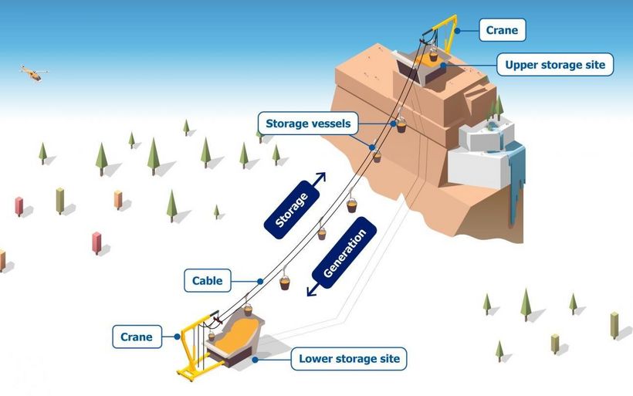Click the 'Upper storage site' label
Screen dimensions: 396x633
[555, 65]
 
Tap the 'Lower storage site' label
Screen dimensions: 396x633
[349, 359]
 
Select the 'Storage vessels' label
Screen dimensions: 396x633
[308, 124]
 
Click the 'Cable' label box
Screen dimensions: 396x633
[208, 281]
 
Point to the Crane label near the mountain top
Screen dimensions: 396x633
[502, 30]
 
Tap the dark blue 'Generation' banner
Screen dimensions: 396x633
[344, 251]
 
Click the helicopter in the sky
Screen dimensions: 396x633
[32, 73]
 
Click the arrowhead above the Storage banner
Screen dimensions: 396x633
[320, 177]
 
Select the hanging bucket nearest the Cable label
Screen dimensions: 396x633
[285, 283]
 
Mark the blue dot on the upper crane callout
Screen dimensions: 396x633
[457, 31]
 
